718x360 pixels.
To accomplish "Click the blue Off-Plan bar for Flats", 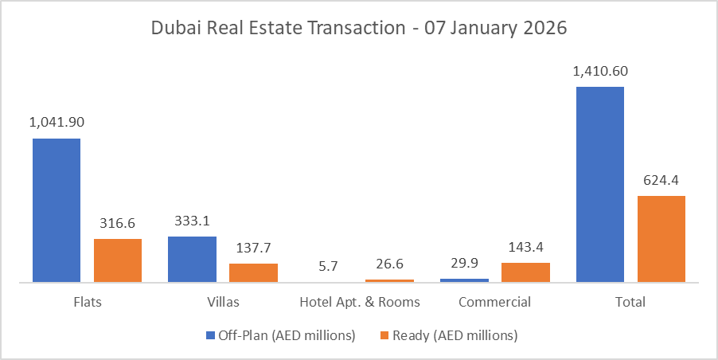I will (57, 210).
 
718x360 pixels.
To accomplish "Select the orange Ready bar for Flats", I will (118, 260).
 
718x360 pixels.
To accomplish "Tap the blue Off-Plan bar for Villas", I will (192, 259).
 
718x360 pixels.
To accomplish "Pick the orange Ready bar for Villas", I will (253, 272).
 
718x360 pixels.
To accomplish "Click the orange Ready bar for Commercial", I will (525, 272).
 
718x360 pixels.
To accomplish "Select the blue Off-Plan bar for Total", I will (599, 184).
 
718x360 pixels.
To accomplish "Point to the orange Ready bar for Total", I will (661, 239).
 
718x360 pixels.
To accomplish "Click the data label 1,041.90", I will (57, 123).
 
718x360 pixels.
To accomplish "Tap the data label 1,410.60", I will (600, 71).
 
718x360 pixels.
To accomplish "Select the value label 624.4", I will (661, 180).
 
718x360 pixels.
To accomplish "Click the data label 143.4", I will (525, 247).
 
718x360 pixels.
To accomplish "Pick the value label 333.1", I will (192, 221).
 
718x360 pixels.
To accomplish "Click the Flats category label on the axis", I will (87, 303).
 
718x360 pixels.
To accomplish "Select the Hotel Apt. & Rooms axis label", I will (360, 303).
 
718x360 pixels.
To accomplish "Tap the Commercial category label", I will (494, 303).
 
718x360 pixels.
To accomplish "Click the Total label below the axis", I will (630, 303).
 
